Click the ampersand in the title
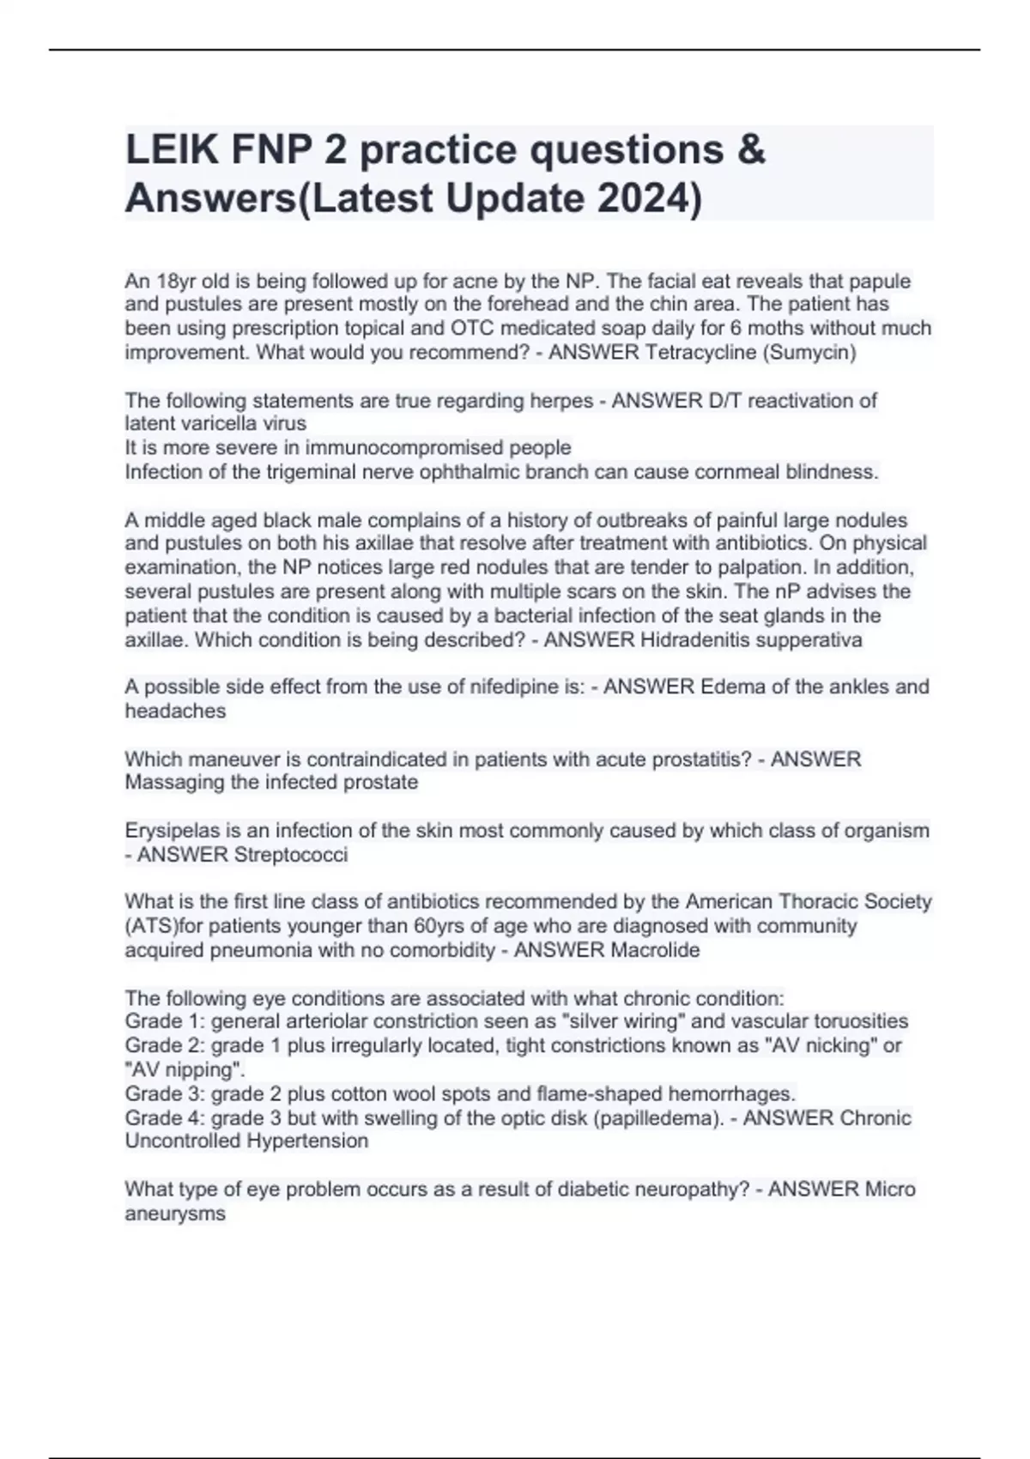[x=750, y=150]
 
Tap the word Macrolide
[x=654, y=950]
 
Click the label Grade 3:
[x=160, y=1093]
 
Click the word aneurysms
[x=175, y=1214]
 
